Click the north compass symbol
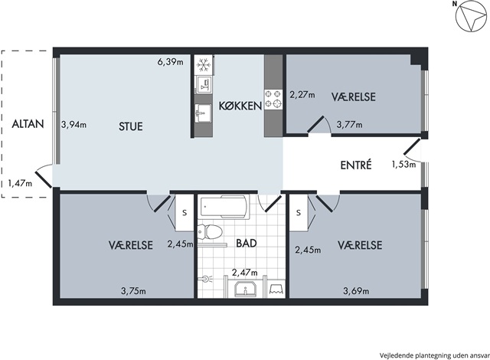(471, 18)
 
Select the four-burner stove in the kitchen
(273, 99)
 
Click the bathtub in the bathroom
(223, 207)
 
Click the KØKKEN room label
(240, 106)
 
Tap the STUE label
(131, 126)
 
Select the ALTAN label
(28, 124)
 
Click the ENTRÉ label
(356, 165)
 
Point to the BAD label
(247, 243)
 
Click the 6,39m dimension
(170, 62)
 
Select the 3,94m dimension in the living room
(73, 125)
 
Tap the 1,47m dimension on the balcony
(20, 183)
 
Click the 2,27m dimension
(302, 94)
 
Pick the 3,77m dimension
(349, 125)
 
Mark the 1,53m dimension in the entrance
(403, 164)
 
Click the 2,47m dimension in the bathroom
(245, 273)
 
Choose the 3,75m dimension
(133, 291)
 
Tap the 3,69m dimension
(356, 291)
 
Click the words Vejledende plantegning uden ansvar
(434, 355)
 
